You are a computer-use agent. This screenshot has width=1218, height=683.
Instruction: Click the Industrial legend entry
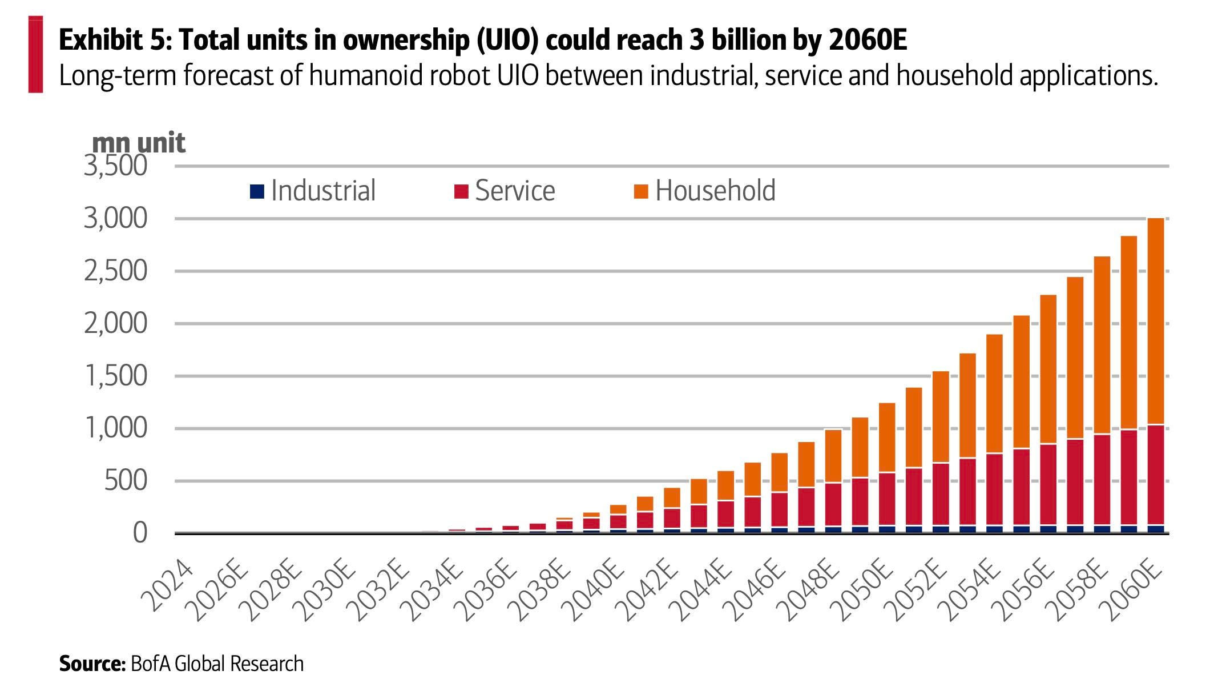point(313,191)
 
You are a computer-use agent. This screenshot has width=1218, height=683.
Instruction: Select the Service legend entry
point(505,191)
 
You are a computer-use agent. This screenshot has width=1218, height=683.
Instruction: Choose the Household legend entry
point(705,191)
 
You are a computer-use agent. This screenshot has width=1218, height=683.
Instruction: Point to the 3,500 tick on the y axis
point(116,166)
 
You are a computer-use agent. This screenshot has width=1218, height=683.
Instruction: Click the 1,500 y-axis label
point(116,376)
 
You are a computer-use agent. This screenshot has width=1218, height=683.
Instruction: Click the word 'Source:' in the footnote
point(92,664)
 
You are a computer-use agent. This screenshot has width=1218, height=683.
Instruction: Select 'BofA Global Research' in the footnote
point(217,664)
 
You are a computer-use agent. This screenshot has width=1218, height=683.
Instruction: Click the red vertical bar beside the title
point(35,55)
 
